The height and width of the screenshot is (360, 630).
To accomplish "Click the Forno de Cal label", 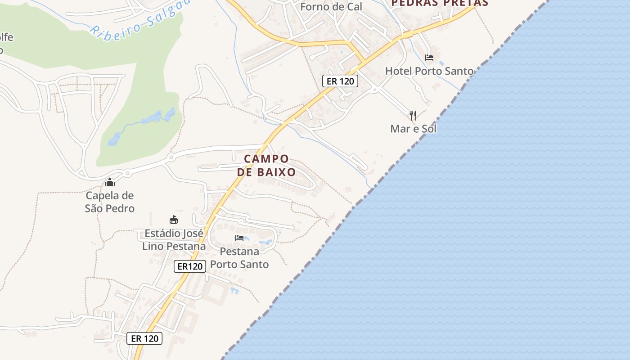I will pyautogui.click(x=331, y=7).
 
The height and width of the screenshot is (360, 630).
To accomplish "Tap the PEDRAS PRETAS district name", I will pyautogui.click(x=439, y=3).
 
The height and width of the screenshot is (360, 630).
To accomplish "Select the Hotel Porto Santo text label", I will pyautogui.click(x=429, y=71).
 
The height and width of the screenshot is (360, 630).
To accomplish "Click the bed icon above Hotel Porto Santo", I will pyautogui.click(x=429, y=58).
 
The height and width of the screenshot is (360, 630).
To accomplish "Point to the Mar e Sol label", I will pyautogui.click(x=413, y=129).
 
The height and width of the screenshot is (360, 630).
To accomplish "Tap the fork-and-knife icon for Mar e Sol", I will pyautogui.click(x=413, y=116).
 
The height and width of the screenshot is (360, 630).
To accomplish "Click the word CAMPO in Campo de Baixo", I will pyautogui.click(x=266, y=159).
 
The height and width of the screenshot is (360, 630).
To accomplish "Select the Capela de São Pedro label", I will pyautogui.click(x=110, y=202).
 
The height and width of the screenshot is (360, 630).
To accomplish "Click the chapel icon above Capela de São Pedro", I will pyautogui.click(x=110, y=182).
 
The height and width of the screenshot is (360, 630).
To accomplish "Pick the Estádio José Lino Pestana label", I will pyautogui.click(x=174, y=240).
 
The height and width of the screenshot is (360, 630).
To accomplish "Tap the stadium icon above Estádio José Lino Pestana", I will pyautogui.click(x=174, y=220).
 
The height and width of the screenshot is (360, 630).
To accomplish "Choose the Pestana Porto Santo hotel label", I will pyautogui.click(x=239, y=258).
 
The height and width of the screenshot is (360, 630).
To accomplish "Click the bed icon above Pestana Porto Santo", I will pyautogui.click(x=239, y=238).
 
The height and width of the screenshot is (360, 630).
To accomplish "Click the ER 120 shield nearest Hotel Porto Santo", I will pyautogui.click(x=340, y=81).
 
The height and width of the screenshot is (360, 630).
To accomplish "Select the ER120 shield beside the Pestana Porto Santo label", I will pyautogui.click(x=190, y=266).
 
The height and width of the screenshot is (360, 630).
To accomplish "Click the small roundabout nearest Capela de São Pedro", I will pyautogui.click(x=127, y=173).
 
